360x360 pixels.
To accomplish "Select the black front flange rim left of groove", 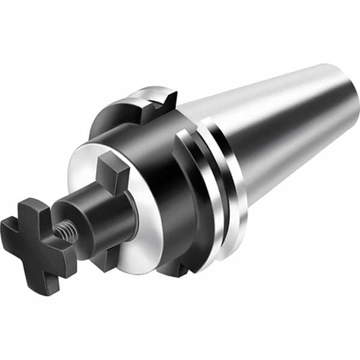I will [x=189, y=198].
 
